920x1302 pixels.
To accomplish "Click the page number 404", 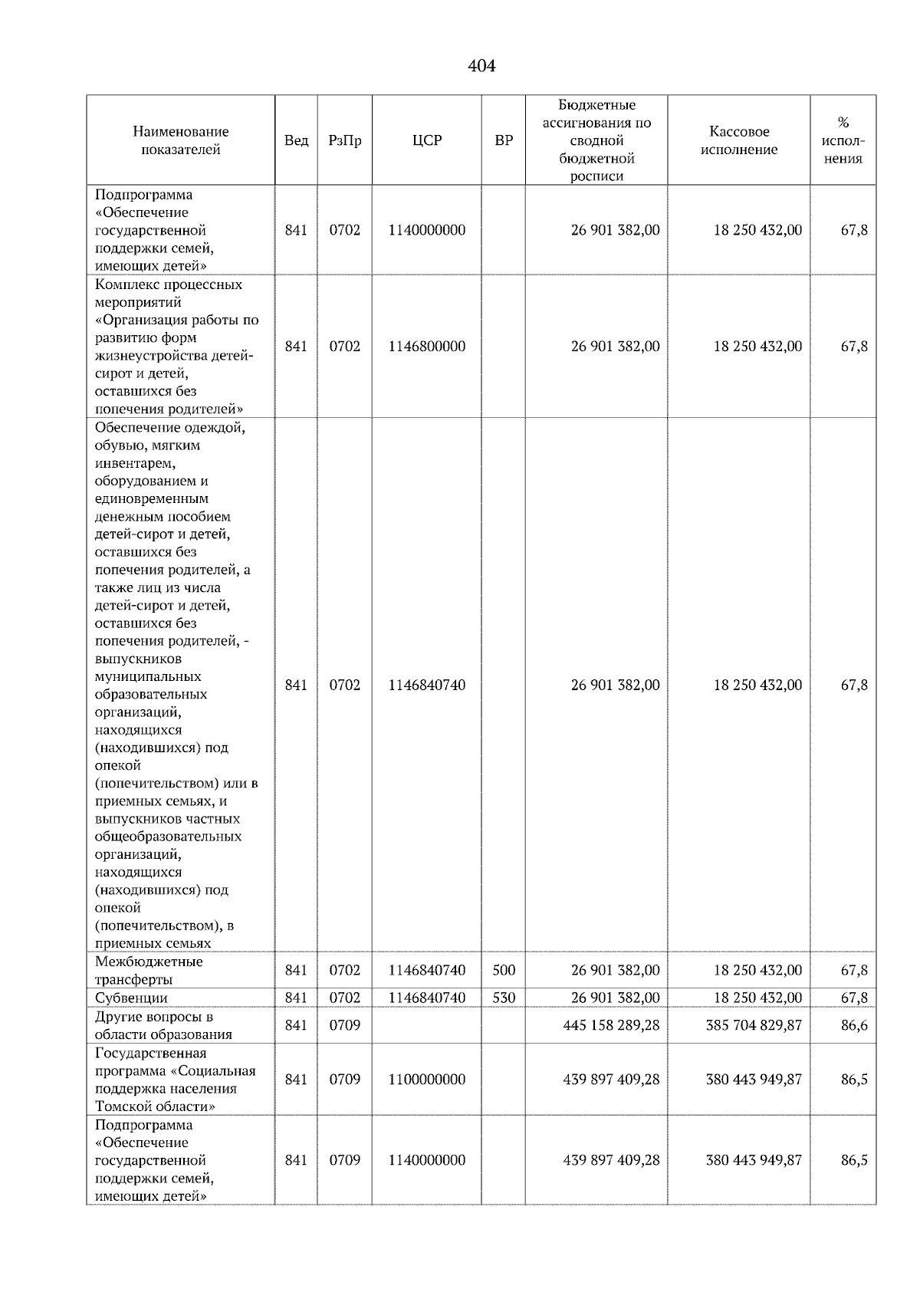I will [481, 67].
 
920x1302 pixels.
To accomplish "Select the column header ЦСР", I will [426, 140].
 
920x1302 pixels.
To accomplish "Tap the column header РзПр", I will [344, 140].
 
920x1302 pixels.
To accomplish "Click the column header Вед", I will [296, 140].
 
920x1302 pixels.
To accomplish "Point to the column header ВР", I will [504, 140].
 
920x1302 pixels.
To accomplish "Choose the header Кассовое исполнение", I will [738, 140].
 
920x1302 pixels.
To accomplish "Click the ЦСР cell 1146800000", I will [426, 347].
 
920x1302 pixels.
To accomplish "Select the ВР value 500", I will [504, 970].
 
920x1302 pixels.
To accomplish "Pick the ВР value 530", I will [504, 998].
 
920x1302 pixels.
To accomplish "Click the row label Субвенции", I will [131, 998].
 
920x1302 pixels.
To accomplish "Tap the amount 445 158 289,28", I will [611, 1025].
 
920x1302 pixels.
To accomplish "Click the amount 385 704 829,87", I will [754, 1025].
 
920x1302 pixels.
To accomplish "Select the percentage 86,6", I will [854, 1025].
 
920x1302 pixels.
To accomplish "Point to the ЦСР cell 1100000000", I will [426, 1079].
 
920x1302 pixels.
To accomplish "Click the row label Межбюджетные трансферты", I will [149, 970].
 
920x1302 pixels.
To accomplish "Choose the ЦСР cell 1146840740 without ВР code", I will [426, 685].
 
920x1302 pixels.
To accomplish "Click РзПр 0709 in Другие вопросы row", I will [344, 1025].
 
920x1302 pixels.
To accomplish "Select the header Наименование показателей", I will [180, 140].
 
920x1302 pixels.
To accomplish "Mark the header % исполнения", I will [843, 140].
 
